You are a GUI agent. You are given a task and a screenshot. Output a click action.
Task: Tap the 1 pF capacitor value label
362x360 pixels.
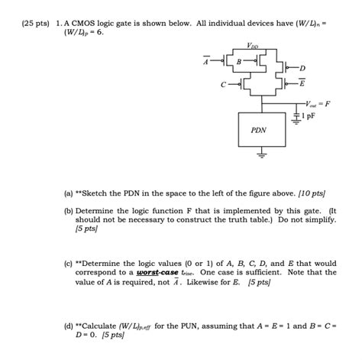[x=307, y=115]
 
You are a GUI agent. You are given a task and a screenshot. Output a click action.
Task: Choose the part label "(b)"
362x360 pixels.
[x=69, y=207]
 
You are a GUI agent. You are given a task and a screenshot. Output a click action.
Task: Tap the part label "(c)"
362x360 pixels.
[x=69, y=262]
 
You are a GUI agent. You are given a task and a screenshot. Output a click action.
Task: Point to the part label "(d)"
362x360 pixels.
[x=69, y=325]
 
